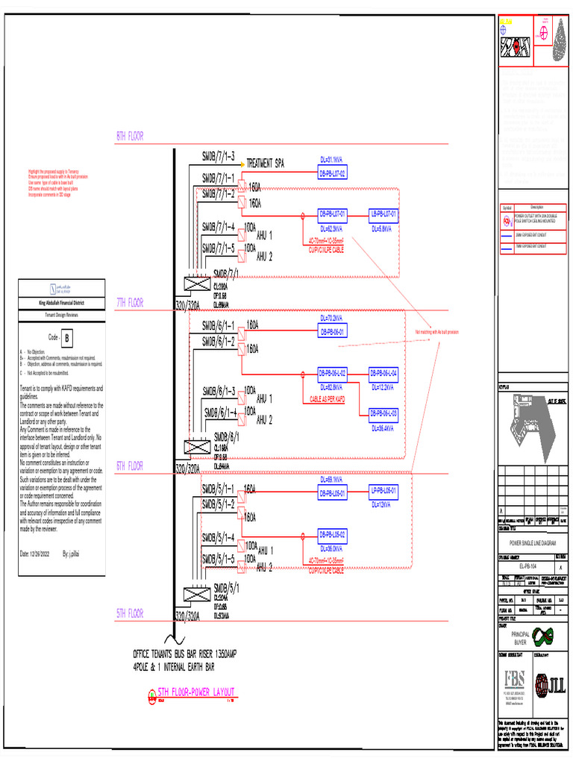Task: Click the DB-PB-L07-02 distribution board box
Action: [x=333, y=174]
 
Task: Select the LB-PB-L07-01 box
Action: [x=384, y=214]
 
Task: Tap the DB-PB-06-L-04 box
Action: [x=384, y=372]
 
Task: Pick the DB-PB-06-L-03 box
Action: [x=384, y=413]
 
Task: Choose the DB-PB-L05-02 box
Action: [x=333, y=534]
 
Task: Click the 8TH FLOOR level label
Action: [x=130, y=137]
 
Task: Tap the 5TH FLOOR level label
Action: [x=130, y=614]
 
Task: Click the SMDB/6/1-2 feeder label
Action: [x=219, y=341]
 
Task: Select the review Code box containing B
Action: [x=68, y=338]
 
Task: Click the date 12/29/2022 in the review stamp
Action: [x=35, y=554]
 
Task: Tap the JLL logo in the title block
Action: [x=550, y=685]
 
